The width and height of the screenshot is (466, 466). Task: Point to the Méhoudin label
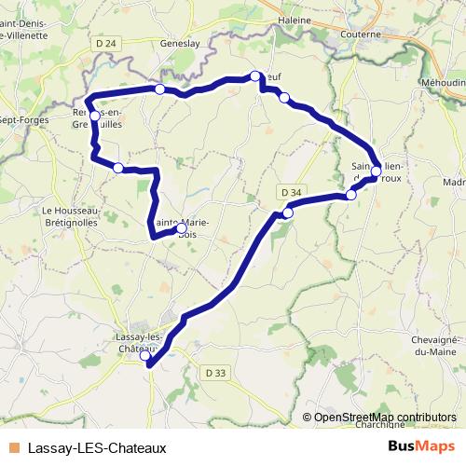[442, 82]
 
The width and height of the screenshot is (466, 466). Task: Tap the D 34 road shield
[291, 192]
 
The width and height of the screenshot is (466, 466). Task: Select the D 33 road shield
[214, 372]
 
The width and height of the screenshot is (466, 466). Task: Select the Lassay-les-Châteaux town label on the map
[140, 342]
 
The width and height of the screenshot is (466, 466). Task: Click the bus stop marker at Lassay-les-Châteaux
[144, 356]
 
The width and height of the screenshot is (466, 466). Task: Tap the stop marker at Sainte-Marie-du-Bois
[181, 227]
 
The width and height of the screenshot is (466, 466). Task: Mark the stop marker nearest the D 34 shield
[287, 213]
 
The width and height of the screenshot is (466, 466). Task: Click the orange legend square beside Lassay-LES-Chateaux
[13, 447]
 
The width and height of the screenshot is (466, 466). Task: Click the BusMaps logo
[421, 446]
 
